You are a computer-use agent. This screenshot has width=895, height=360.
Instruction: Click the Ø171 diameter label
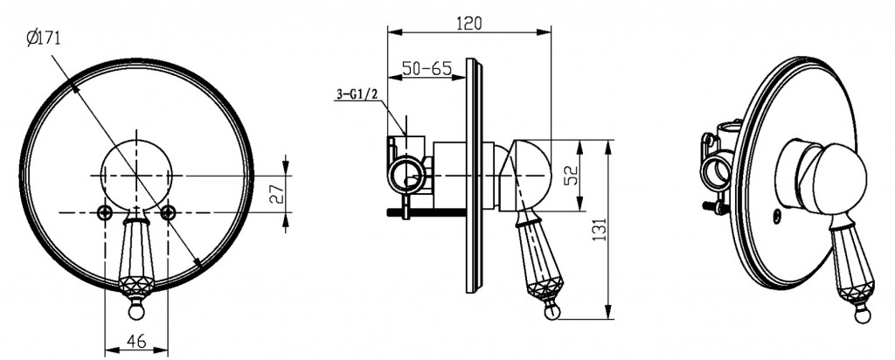coord(44,38)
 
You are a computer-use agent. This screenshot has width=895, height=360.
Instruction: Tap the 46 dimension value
coord(135,341)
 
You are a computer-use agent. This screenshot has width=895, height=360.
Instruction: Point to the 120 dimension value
coord(469,24)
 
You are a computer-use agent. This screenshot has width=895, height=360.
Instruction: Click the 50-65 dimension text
coord(427,68)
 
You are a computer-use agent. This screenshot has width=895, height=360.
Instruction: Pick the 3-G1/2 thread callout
coord(357,94)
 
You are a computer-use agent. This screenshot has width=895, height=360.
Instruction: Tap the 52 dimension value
coord(572,173)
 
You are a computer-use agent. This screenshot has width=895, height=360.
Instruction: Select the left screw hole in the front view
coord(105,212)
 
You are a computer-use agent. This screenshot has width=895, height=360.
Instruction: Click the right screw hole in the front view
coord(167,212)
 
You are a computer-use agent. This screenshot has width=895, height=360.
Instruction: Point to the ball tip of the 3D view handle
coord(862,315)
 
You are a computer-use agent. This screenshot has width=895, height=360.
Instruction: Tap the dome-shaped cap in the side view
coord(526,175)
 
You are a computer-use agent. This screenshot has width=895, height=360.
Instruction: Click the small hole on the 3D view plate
coord(777,216)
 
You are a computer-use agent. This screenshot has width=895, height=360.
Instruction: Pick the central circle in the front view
coord(135,175)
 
